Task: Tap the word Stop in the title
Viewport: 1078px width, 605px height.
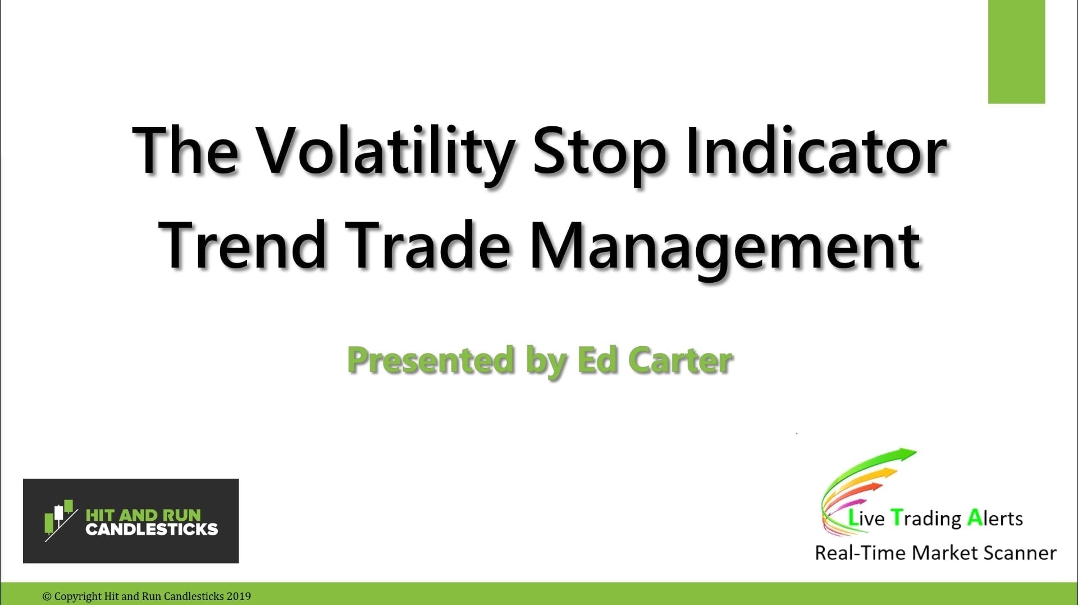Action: tap(600, 150)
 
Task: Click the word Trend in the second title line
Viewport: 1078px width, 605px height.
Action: tap(243, 246)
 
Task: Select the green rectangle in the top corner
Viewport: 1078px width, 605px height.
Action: tap(1016, 52)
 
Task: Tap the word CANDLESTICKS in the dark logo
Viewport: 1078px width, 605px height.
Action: tap(152, 529)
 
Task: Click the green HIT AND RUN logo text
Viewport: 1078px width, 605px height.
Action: tap(143, 515)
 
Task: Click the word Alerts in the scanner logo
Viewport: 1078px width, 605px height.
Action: tap(995, 518)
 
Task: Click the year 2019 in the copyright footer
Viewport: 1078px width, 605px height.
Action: tap(239, 596)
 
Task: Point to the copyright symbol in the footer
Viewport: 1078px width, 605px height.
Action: tap(47, 596)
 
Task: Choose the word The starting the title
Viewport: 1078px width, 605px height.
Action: tap(185, 150)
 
